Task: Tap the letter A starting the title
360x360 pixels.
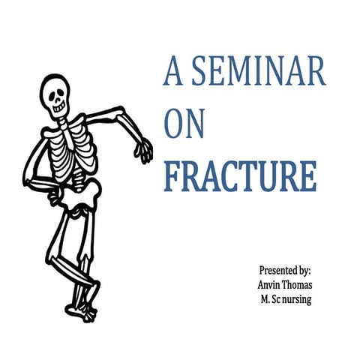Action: (x=173, y=73)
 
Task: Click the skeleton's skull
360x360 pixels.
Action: (x=55, y=94)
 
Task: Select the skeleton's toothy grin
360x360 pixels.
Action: (x=58, y=106)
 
